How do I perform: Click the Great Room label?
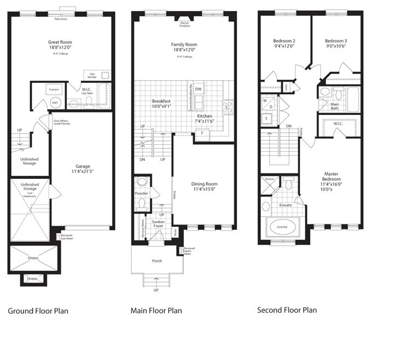coord(60,42)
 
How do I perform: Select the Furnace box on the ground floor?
coord(54,89)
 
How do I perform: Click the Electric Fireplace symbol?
coord(184,23)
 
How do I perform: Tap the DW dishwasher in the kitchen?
coord(199,89)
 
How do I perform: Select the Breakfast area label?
coord(161,101)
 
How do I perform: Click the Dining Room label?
coord(203,184)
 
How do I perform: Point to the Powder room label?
coord(141,194)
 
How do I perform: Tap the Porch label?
coord(157,261)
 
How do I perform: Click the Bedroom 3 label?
coord(335,41)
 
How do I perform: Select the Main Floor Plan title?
coord(156,311)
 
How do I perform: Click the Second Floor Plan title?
coord(286,310)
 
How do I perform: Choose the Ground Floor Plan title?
coord(38,311)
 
